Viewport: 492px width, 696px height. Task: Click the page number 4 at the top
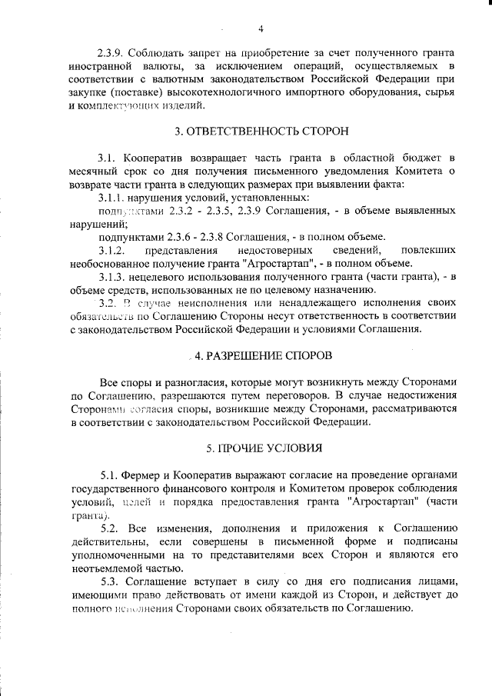(x=261, y=30)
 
